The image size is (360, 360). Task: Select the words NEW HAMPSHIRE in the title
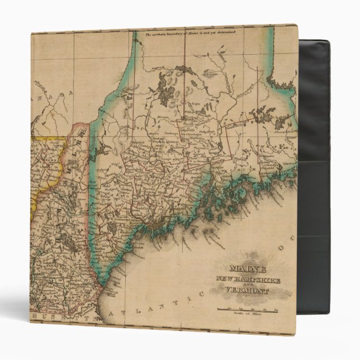pos(247,280)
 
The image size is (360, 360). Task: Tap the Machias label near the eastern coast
pos(279,168)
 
